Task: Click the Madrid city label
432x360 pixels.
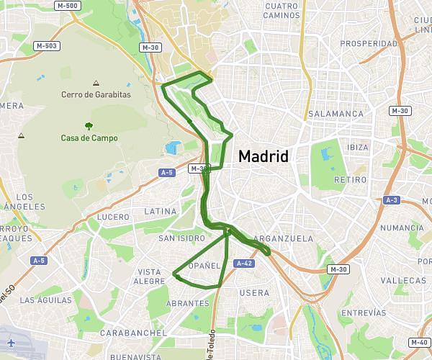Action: (263, 156)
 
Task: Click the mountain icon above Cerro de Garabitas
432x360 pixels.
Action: (96, 83)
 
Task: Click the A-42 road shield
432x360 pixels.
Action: (244, 264)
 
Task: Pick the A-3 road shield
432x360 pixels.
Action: (392, 199)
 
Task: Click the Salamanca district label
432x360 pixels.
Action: (336, 114)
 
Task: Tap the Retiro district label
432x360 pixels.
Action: (351, 179)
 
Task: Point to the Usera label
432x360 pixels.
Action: (254, 293)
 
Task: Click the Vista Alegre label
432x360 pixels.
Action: (150, 276)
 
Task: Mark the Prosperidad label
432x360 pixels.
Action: (369, 43)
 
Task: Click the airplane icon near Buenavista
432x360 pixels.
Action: (11, 343)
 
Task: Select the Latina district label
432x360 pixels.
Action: (160, 211)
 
